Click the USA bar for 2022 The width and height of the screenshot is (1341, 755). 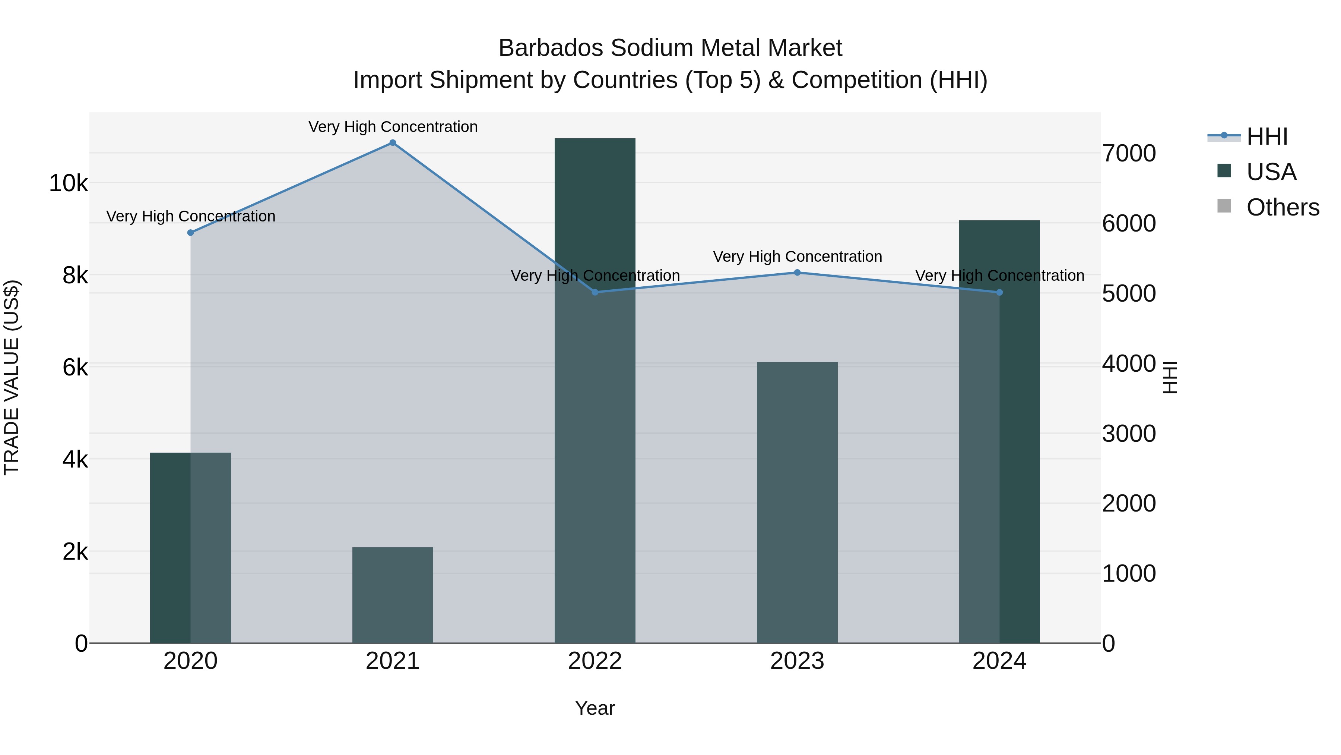click(595, 391)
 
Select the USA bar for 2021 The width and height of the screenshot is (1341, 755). click(393, 595)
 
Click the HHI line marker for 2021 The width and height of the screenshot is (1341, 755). click(393, 143)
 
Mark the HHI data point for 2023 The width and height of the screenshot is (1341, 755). click(797, 273)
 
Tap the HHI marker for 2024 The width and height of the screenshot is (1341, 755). click(999, 292)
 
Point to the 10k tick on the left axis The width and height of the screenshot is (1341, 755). click(68, 183)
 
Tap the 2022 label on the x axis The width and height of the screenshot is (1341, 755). click(595, 661)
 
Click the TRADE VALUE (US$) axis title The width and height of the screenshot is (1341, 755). click(12, 377)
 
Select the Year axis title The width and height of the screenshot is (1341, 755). click(595, 708)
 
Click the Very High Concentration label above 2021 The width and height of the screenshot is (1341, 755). click(393, 127)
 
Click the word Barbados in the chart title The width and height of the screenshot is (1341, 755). click(551, 48)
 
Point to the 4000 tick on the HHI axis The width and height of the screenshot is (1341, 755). click(1129, 364)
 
